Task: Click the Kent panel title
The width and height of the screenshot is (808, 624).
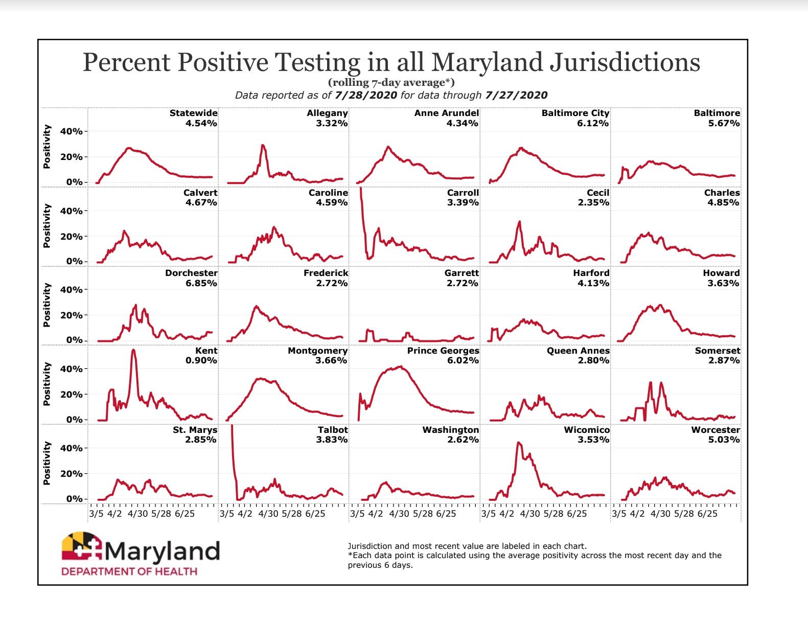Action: (206, 351)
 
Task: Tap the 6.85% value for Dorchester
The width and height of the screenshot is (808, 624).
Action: (201, 283)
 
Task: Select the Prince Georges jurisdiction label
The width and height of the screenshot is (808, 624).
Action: (443, 351)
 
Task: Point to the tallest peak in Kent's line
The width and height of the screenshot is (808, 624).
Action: (133, 350)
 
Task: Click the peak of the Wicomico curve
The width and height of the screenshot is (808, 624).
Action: (519, 443)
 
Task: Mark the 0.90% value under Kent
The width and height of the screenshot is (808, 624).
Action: (201, 360)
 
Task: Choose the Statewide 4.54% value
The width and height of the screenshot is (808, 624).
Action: (201, 123)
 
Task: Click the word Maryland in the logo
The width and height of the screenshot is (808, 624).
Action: (162, 551)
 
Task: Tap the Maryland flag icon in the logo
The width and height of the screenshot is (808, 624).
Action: (82, 548)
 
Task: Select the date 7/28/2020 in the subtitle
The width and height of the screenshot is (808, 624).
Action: (365, 95)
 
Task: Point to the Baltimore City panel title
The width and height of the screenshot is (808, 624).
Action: (575, 113)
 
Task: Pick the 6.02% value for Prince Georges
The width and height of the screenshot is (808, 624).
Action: (463, 360)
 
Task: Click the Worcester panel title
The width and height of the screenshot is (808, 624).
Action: (715, 430)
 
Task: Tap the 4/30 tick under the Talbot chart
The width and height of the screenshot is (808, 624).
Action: (268, 514)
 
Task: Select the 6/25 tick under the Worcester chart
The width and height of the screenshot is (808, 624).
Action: (707, 514)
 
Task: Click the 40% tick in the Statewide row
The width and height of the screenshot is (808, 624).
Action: (71, 131)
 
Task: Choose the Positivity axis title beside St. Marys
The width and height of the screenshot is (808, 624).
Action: (47, 463)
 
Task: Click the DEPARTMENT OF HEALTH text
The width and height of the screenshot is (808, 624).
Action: (129, 571)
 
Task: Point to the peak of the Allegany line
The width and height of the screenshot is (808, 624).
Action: (263, 145)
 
